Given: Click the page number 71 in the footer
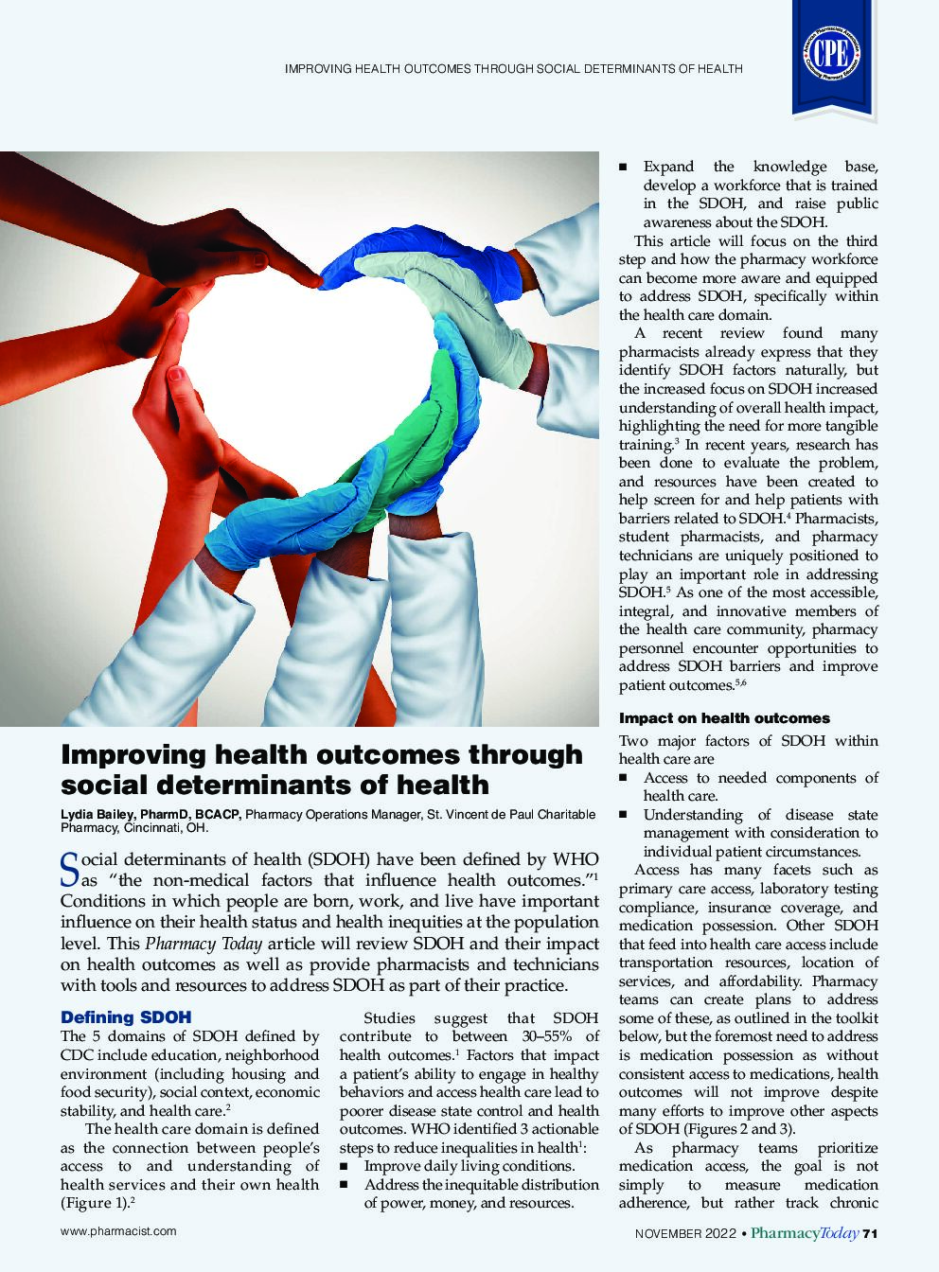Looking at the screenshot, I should (x=872, y=1232).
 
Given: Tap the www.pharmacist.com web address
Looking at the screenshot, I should (x=118, y=1231).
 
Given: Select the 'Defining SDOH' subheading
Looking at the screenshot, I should (x=126, y=1017).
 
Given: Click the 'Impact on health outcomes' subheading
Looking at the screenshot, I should (x=724, y=718).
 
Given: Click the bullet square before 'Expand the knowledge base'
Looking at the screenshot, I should (x=624, y=167).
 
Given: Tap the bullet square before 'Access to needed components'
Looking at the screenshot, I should (x=624, y=778).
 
